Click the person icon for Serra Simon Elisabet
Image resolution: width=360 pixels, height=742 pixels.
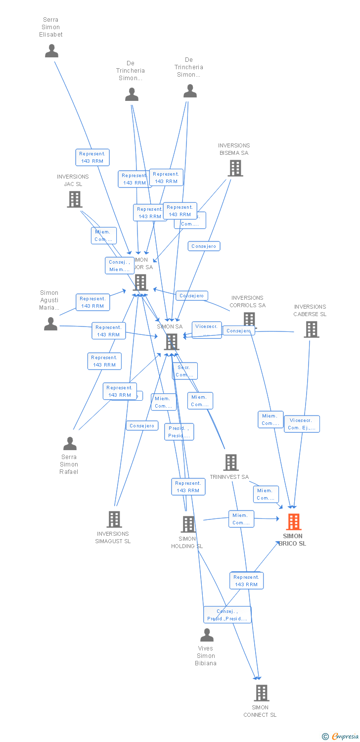[51, 51]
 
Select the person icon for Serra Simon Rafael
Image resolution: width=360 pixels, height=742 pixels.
[70, 444]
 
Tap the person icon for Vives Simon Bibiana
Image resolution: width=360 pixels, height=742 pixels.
[207, 635]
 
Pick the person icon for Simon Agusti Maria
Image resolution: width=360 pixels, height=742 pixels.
[50, 324]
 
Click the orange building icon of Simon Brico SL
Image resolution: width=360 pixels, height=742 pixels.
[294, 522]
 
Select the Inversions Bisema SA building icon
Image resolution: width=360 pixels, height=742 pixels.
[235, 168]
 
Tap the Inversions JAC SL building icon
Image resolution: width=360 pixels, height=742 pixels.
[74, 199]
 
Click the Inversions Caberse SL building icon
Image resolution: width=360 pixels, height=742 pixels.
[311, 329]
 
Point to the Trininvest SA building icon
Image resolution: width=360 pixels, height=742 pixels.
[231, 463]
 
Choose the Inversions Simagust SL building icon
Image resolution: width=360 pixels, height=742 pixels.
[114, 519]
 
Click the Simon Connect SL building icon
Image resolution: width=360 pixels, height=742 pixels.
[262, 693]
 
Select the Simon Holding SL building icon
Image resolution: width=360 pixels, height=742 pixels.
[188, 524]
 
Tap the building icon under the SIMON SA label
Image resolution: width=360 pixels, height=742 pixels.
[171, 341]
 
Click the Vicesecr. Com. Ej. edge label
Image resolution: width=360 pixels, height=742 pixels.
[302, 424]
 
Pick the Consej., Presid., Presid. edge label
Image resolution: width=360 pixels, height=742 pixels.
[227, 615]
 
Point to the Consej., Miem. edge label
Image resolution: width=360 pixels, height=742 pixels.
[119, 266]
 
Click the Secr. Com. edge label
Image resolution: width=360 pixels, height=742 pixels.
[184, 371]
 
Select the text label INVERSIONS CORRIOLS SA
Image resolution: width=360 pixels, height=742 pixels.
[247, 301]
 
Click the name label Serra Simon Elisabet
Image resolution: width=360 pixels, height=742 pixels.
[51, 27]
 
